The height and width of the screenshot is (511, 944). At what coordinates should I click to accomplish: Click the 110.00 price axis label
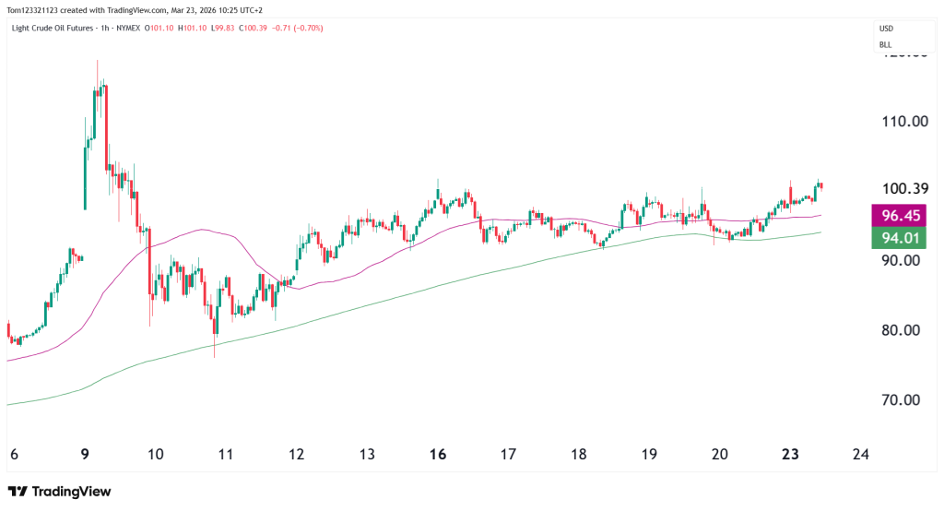click(903, 121)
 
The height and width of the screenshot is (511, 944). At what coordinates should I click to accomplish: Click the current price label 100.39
click(903, 189)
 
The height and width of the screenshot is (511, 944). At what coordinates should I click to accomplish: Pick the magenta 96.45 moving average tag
click(903, 217)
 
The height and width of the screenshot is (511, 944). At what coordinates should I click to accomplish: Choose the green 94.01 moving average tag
click(903, 240)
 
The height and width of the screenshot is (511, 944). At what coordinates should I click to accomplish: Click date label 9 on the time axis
click(85, 454)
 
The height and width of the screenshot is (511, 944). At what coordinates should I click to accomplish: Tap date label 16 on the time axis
click(438, 454)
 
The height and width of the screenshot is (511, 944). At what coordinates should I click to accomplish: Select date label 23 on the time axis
click(790, 454)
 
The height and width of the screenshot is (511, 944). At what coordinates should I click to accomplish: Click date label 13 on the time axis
click(367, 454)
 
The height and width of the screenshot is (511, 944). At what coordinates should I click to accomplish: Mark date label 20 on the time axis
click(720, 454)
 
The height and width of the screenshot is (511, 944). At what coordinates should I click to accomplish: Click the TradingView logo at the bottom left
click(59, 492)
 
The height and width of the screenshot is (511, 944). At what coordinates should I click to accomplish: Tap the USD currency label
click(886, 29)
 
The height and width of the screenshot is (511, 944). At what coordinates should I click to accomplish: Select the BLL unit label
click(885, 44)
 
